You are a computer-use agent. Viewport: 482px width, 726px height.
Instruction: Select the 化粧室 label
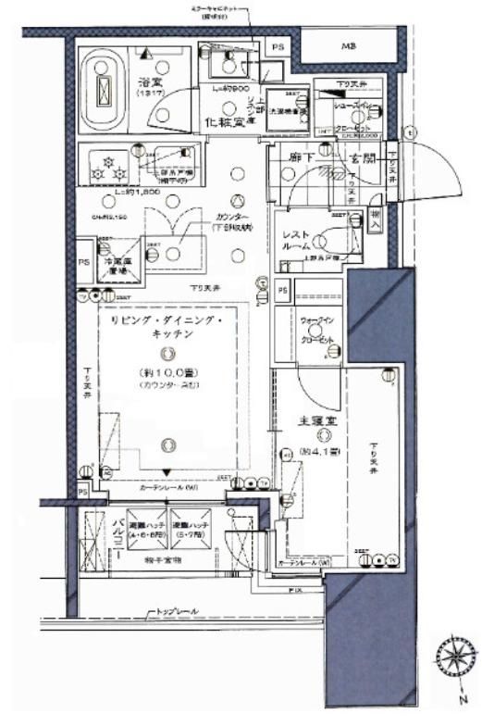point(225,122)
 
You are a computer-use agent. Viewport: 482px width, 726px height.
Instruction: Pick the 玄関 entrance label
point(362,158)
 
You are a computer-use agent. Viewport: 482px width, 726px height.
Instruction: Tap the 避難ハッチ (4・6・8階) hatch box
point(145,532)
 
